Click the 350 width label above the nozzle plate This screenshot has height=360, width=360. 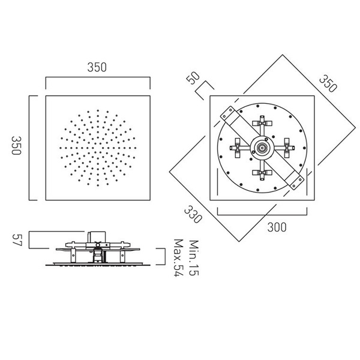click(x=97, y=67)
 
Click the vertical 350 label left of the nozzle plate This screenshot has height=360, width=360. click(x=17, y=145)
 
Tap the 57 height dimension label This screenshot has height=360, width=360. click(x=17, y=240)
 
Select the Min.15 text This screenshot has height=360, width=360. click(x=193, y=257)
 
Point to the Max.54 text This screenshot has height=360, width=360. click(x=179, y=258)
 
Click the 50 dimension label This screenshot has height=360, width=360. click(x=193, y=78)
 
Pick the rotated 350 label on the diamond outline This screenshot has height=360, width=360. click(x=328, y=84)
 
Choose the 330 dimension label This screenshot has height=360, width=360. click(x=193, y=214)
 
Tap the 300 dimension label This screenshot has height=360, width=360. click(x=277, y=227)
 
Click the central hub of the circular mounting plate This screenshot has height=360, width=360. click(x=262, y=148)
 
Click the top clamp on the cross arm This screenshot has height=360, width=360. click(x=262, y=123)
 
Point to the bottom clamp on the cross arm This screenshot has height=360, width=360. click(x=262, y=173)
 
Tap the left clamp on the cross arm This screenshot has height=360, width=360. click(x=237, y=148)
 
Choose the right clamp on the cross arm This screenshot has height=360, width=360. click(x=287, y=148)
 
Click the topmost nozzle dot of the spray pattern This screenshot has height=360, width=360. click(x=98, y=110)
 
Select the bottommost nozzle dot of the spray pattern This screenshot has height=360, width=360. click(x=98, y=185)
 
